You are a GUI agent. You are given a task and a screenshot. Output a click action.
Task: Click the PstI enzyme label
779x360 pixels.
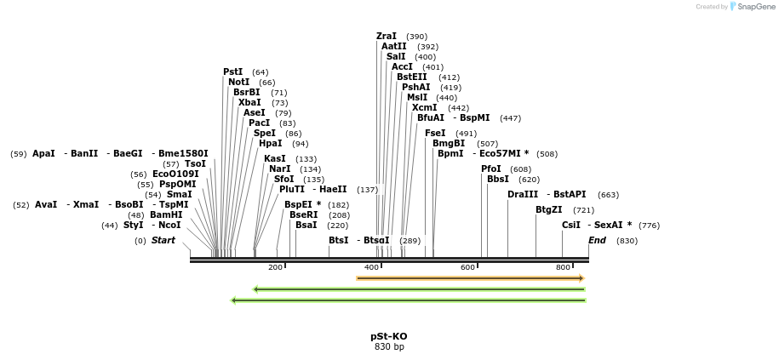(232, 72)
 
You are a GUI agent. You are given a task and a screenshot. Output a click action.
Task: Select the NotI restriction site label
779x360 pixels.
(238, 83)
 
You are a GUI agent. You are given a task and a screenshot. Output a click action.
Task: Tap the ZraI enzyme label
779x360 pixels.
(387, 37)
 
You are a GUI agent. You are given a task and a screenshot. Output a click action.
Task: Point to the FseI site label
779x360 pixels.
(435, 134)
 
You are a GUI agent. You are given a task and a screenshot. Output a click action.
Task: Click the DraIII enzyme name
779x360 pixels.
(523, 195)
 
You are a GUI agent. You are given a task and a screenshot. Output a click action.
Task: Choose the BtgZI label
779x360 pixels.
(548, 210)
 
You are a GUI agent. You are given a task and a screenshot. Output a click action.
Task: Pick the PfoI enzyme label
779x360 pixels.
(491, 169)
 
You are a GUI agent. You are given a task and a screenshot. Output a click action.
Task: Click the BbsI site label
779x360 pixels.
(498, 180)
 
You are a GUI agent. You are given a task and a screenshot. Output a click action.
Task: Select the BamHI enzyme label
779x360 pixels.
(166, 215)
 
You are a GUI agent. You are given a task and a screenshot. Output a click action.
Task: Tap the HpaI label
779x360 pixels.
(270, 144)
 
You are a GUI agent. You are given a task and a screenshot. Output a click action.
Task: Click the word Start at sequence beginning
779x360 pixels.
(163, 241)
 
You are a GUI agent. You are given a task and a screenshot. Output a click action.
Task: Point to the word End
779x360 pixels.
(597, 241)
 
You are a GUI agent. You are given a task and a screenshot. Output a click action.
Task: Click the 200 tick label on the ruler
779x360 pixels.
(275, 267)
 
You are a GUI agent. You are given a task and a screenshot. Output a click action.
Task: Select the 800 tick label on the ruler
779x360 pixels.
(563, 267)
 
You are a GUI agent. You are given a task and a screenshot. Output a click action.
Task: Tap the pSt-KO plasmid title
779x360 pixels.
(388, 336)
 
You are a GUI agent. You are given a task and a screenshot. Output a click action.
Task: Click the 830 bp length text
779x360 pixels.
(388, 347)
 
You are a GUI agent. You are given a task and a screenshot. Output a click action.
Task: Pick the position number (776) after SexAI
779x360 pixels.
(649, 226)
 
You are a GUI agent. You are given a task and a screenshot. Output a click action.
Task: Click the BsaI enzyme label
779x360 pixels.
(306, 226)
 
